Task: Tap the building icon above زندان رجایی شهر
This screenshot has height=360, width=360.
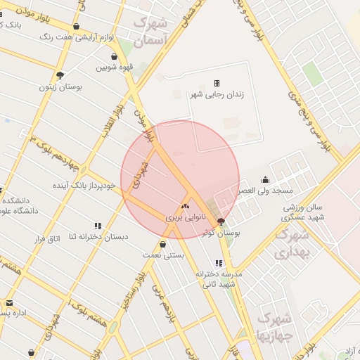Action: pyautogui.click(x=217, y=83)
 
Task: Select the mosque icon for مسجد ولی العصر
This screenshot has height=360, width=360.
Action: pyautogui.click(x=264, y=179)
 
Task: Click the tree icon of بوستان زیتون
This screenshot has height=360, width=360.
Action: pyautogui.click(x=60, y=75)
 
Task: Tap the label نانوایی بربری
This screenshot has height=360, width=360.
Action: pyautogui.click(x=184, y=218)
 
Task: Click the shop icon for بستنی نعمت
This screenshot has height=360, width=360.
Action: pyautogui.click(x=163, y=245)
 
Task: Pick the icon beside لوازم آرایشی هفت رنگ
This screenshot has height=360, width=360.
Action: pyautogui.click(x=76, y=27)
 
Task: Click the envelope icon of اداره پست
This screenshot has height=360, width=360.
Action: pyautogui.click(x=10, y=303)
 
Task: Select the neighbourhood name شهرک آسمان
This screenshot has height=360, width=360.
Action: pyautogui.click(x=151, y=31)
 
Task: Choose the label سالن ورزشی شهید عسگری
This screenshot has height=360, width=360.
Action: pyautogui.click(x=304, y=212)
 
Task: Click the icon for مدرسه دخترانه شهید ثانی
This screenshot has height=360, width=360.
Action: pyautogui.click(x=219, y=263)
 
